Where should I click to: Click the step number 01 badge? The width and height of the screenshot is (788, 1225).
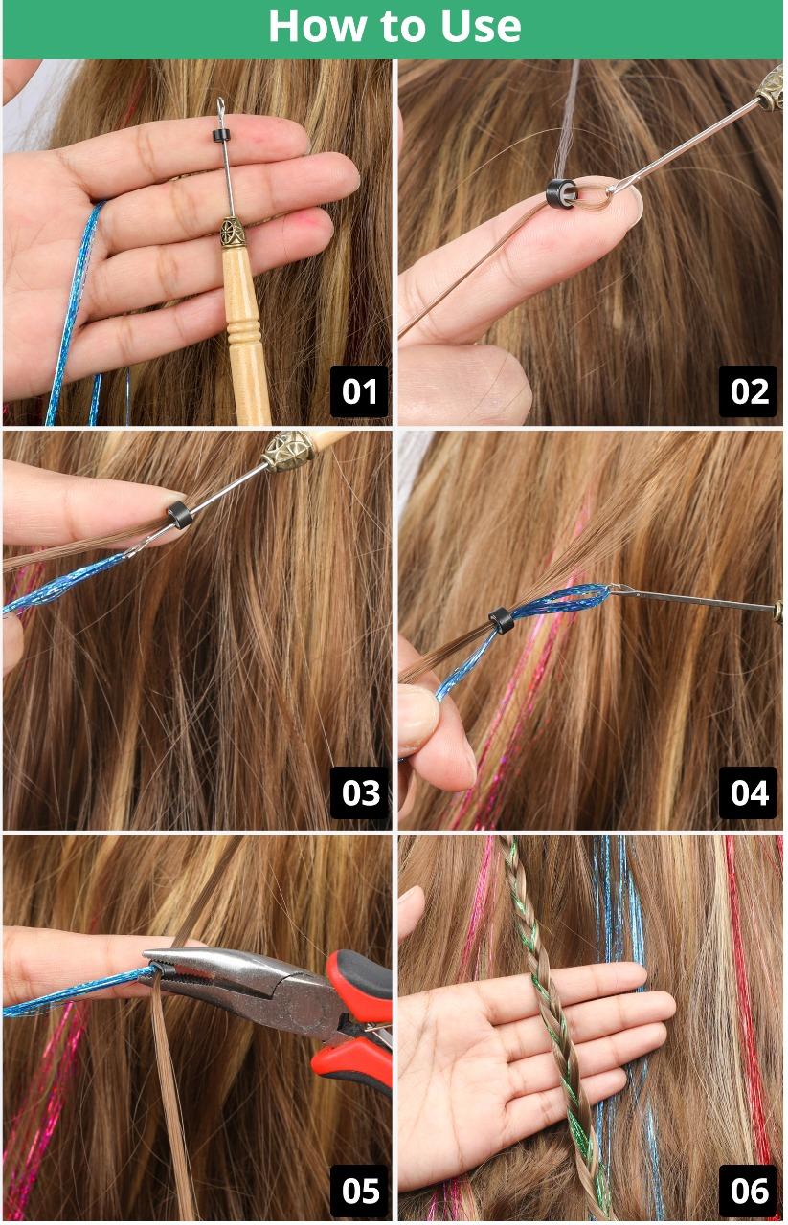click(359, 391)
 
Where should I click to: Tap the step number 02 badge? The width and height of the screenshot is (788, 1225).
click(748, 391)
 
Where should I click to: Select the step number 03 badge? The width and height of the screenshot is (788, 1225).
click(359, 792)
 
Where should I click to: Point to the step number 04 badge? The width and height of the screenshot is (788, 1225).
click(748, 792)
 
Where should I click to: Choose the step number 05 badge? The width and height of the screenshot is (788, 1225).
click(359, 1191)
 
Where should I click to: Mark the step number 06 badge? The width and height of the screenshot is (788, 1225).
click(748, 1191)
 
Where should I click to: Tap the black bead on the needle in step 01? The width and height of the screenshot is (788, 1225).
click(220, 136)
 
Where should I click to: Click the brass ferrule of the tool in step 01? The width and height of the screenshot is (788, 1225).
click(232, 233)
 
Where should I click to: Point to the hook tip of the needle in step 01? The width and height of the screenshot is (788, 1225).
click(220, 102)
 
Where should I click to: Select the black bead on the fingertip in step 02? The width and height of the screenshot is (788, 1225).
click(561, 193)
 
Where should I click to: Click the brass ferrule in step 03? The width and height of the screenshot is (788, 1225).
click(288, 450)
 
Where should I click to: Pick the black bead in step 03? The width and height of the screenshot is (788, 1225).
click(179, 515)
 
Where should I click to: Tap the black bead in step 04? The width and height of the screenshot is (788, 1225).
click(502, 620)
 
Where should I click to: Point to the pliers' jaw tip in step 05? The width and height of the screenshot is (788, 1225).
click(146, 954)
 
